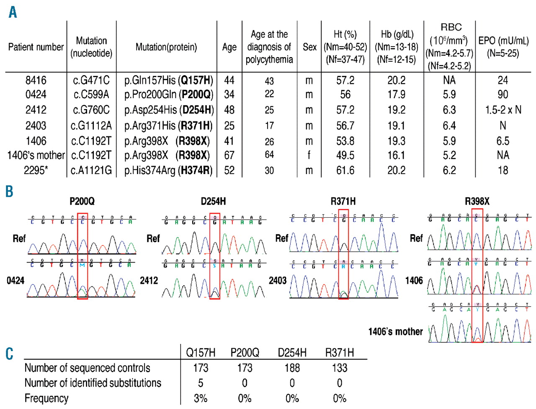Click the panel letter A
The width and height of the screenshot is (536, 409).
click(13, 12)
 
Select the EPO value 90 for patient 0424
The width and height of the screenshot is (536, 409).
click(502, 94)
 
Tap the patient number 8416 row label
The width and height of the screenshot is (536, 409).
click(36, 80)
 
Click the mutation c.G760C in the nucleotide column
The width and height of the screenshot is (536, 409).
click(91, 110)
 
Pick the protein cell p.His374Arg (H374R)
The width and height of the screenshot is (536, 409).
click(168, 171)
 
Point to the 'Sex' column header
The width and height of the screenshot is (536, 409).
click(309, 47)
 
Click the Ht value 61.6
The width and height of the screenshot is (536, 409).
click(345, 171)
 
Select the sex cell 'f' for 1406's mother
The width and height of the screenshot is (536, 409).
click(309, 155)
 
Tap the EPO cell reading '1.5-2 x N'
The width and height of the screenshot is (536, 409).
click(503, 110)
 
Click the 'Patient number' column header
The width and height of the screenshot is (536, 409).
click(36, 47)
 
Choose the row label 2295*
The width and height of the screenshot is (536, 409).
click(36, 171)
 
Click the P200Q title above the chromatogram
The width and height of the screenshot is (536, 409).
click(82, 201)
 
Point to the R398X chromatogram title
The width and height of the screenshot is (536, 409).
click(477, 201)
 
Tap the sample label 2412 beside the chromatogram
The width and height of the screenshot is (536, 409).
click(149, 281)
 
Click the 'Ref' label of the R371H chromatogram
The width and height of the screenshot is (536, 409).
click(281, 238)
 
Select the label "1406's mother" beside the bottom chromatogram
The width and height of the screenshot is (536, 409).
click(395, 332)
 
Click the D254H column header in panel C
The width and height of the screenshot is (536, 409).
click(292, 353)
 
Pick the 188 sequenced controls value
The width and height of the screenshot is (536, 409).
click(292, 368)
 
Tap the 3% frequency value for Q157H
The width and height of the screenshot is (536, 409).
click(201, 398)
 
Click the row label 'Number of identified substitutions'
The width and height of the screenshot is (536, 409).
click(93, 383)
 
